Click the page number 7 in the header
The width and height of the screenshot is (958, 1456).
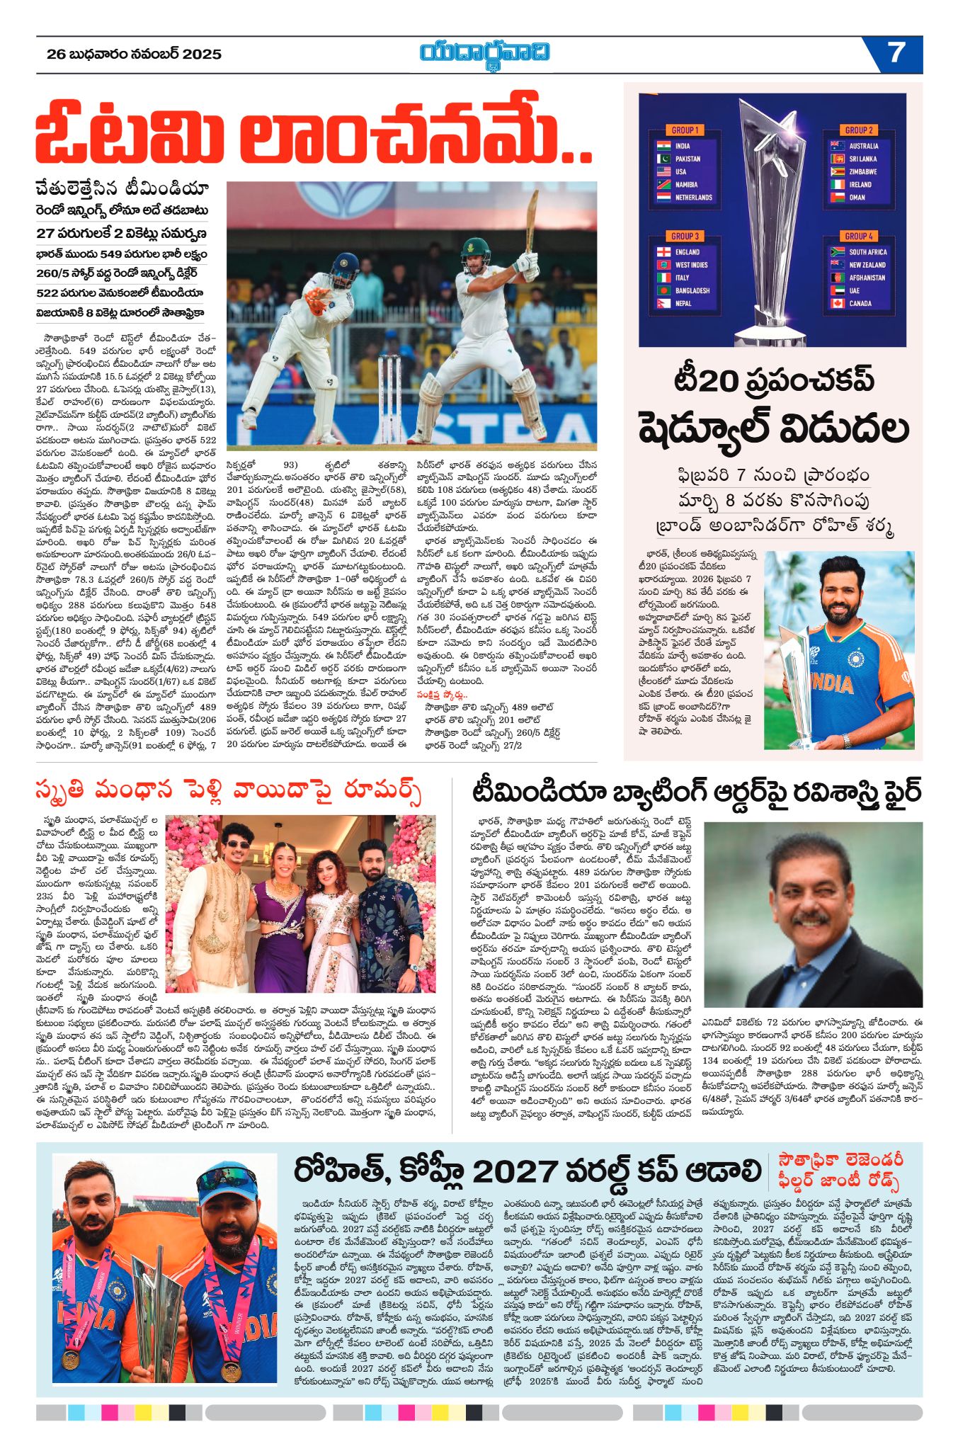896,53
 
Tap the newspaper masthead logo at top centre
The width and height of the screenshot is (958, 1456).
484,54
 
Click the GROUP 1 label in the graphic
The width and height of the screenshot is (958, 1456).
685,130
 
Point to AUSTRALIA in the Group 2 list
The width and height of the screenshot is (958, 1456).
863,146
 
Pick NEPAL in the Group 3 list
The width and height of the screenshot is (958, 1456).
683,303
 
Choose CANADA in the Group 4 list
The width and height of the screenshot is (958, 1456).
860,303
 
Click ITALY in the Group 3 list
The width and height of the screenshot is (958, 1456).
682,278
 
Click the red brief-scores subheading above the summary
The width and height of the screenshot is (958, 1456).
442,695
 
